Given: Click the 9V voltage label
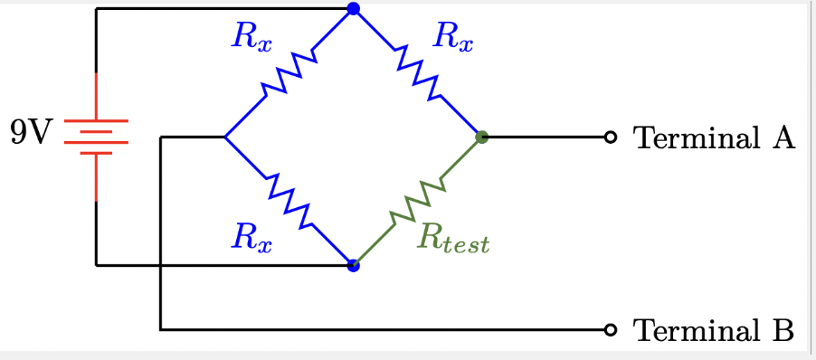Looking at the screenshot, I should click(31, 133).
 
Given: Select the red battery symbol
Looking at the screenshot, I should click(96, 137).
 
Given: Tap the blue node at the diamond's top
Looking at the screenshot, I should click(353, 9).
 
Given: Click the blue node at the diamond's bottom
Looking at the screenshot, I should click(353, 266).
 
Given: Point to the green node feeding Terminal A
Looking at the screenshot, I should click(482, 137).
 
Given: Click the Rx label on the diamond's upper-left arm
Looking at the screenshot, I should click(251, 37).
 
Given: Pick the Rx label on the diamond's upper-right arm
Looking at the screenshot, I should click(452, 37).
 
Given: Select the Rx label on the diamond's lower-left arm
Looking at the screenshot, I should click(251, 238).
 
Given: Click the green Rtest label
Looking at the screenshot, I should click(453, 239).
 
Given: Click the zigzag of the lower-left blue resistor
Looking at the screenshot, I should click(289, 202).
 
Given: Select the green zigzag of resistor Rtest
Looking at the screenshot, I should click(418, 202).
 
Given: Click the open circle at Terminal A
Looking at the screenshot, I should click(611, 137).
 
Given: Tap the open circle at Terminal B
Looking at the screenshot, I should click(611, 329).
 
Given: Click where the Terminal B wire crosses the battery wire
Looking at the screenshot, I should click(160, 266).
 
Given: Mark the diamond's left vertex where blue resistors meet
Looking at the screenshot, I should click(224, 137).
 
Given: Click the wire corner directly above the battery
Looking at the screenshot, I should click(96, 9).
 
